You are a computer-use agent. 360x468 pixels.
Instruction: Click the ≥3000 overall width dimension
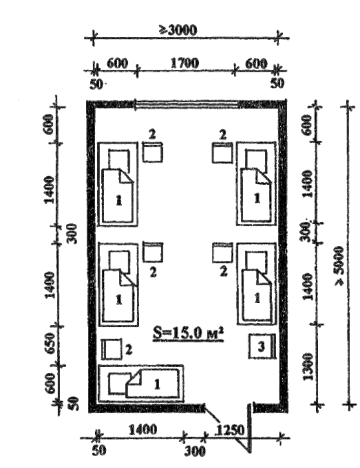pyautogui.click(x=178, y=30)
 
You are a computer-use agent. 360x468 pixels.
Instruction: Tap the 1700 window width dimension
pyautogui.click(x=184, y=63)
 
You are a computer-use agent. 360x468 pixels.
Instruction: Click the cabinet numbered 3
pyautogui.click(x=262, y=346)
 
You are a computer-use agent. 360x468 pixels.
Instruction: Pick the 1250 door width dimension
pyautogui.click(x=230, y=430)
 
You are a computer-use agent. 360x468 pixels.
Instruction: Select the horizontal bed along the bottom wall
pyautogui.click(x=140, y=384)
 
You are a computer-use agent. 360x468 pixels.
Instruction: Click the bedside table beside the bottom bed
pyautogui.click(x=112, y=349)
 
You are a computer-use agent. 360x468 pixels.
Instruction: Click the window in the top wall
pyautogui.click(x=187, y=105)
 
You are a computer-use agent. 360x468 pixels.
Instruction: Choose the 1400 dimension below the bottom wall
pyautogui.click(x=142, y=430)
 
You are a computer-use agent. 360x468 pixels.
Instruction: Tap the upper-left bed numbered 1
pyautogui.click(x=118, y=184)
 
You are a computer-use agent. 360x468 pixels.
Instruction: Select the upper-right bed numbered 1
pyautogui.click(x=257, y=183)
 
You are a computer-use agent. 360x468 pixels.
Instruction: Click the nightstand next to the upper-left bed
pyautogui.click(x=152, y=152)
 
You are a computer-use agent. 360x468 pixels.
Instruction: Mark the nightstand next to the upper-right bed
pyautogui.click(x=222, y=152)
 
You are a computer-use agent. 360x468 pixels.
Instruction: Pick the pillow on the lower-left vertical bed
pyautogui.click(x=120, y=261)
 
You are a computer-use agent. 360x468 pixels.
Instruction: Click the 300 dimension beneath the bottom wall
pyautogui.click(x=195, y=451)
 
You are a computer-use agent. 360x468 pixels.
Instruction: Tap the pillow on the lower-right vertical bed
pyautogui.click(x=256, y=261)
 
